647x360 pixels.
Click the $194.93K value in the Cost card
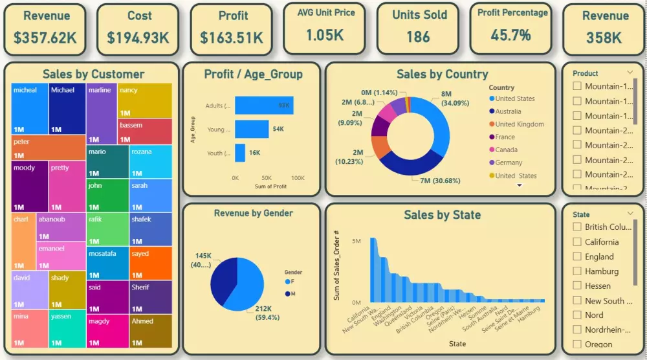(x=138, y=38)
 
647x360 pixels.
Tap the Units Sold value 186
(x=418, y=37)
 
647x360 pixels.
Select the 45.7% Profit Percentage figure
(x=510, y=35)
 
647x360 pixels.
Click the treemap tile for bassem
(x=145, y=131)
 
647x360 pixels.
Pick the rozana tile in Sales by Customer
(x=150, y=161)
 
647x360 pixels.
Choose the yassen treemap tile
(x=67, y=328)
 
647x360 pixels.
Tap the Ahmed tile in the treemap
(x=150, y=331)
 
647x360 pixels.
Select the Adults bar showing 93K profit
(x=263, y=106)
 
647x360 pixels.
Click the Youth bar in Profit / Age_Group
(x=240, y=153)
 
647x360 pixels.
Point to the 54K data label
(x=278, y=129)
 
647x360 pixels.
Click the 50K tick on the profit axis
(x=266, y=177)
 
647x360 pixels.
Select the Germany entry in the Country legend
(x=509, y=163)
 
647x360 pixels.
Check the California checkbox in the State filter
(x=577, y=242)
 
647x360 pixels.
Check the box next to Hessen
(x=577, y=286)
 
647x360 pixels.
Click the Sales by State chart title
(x=442, y=215)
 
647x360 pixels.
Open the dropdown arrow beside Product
(x=630, y=73)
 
